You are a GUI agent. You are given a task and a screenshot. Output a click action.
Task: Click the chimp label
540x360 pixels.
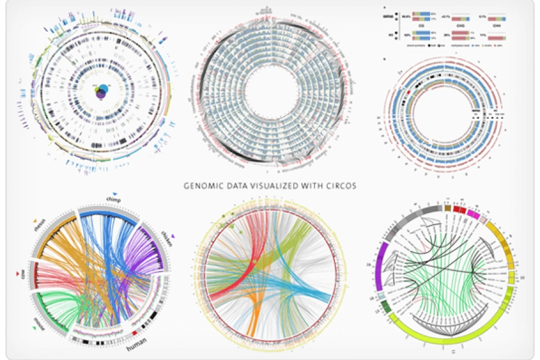[x=113, y=199]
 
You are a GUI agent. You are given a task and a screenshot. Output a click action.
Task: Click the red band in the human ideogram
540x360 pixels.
[x=134, y=332]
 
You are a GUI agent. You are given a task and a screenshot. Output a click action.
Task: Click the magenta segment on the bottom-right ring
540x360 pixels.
[x=473, y=213]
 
